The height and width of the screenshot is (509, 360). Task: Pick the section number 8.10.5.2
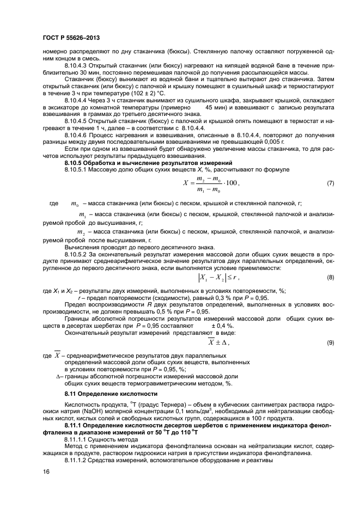click(77, 254)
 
